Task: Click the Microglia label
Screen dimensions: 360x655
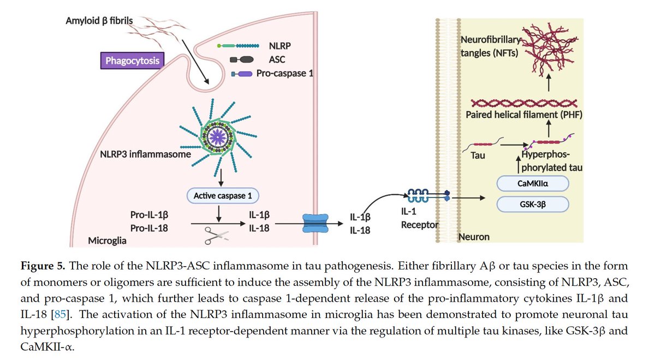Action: (x=108, y=241)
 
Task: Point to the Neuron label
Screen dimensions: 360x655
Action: (x=473, y=237)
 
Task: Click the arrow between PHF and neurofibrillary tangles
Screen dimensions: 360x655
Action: (x=549, y=85)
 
